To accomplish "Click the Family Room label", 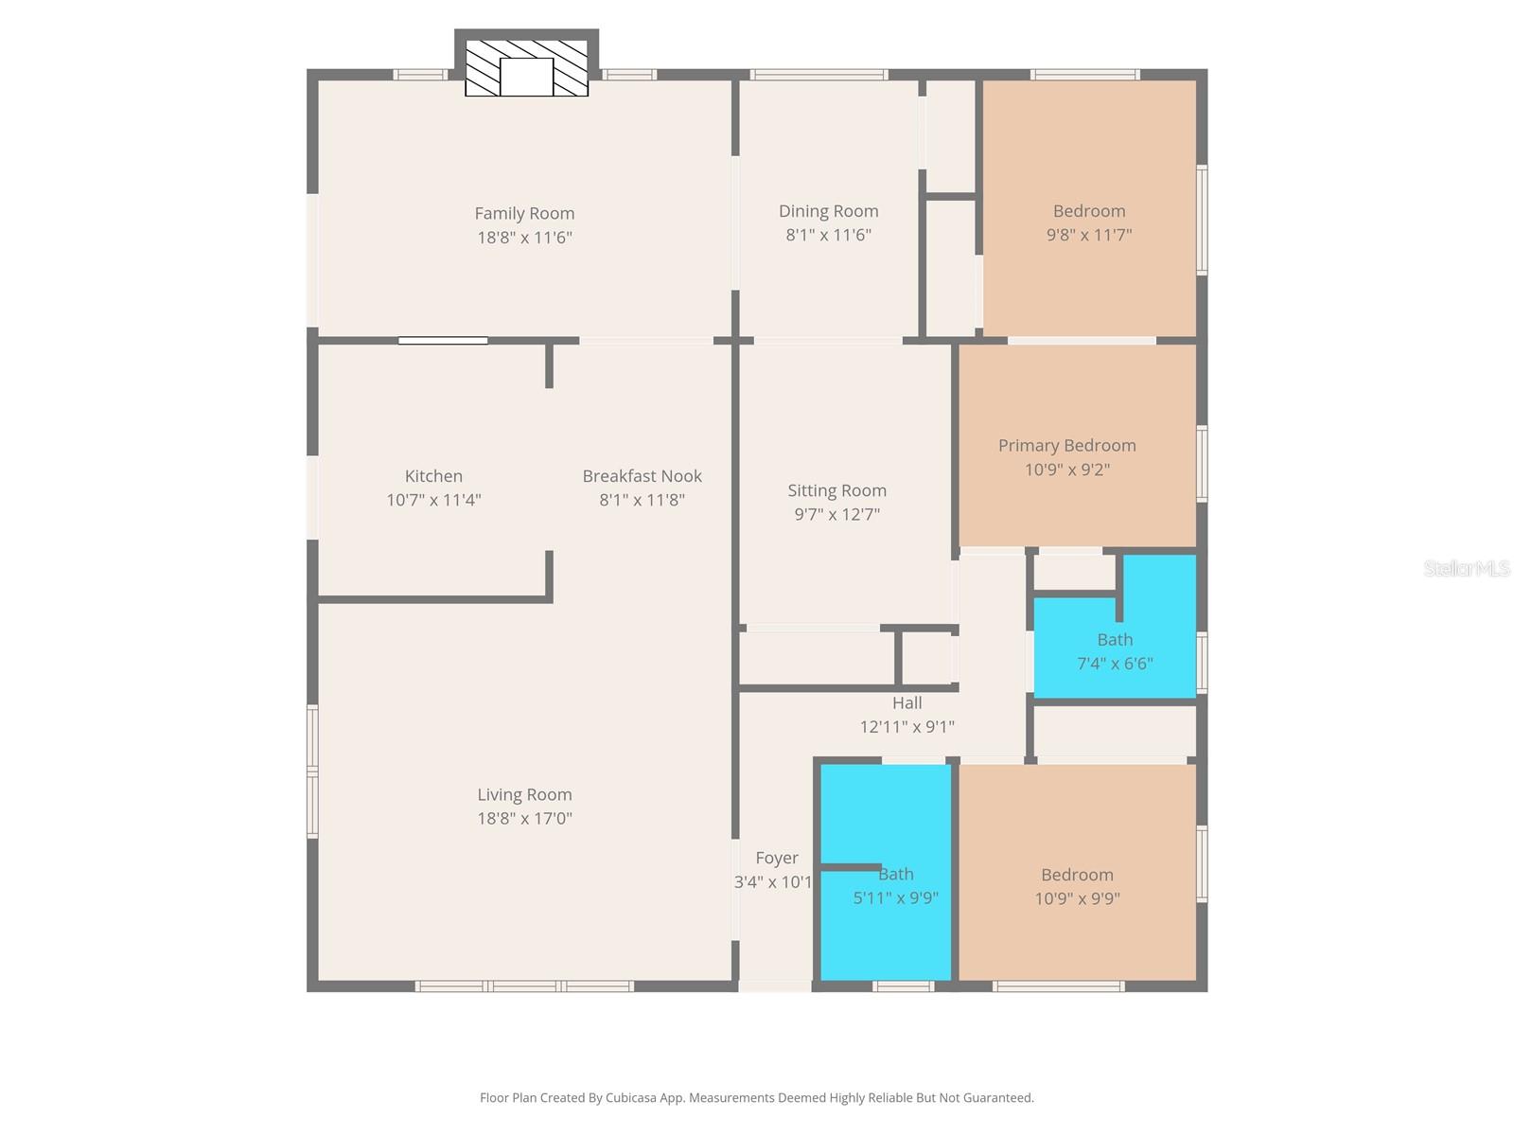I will pyautogui.click(x=524, y=214).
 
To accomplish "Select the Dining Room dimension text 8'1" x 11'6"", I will pyautogui.click(x=828, y=235).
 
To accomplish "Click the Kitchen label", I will pyautogui.click(x=433, y=476).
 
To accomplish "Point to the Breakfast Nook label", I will pyautogui.click(x=642, y=476).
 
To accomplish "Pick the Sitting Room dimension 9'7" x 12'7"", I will pyautogui.click(x=836, y=514).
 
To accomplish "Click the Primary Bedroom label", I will pyautogui.click(x=1066, y=445).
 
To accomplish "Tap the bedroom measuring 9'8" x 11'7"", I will pyautogui.click(x=1088, y=222).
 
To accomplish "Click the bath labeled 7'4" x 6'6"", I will pyautogui.click(x=1115, y=651).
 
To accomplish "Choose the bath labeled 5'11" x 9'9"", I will pyautogui.click(x=895, y=886).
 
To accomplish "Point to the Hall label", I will pyautogui.click(x=907, y=702).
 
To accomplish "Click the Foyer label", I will pyautogui.click(x=776, y=858).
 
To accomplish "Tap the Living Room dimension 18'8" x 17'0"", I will pyautogui.click(x=524, y=819).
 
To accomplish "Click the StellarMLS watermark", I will pyautogui.click(x=1466, y=568).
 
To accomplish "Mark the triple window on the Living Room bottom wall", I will pyautogui.click(x=524, y=986).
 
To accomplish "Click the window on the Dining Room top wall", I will pyautogui.click(x=819, y=74).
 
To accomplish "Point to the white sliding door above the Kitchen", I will pyautogui.click(x=443, y=341).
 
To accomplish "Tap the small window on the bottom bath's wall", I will pyautogui.click(x=903, y=986).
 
